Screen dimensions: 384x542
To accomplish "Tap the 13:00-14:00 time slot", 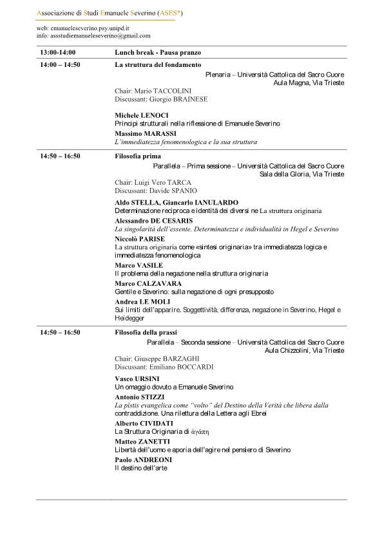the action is (x=58, y=52).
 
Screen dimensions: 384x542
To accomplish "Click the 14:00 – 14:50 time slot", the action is (x=60, y=65).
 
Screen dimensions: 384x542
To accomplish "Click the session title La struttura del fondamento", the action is (x=158, y=65).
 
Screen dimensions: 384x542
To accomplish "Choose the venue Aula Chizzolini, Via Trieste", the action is (x=304, y=350).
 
